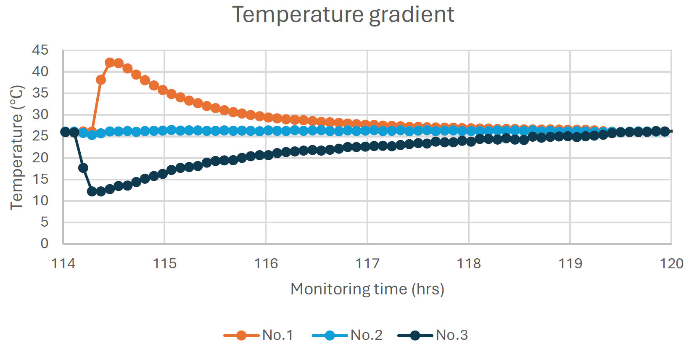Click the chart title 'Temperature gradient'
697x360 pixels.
point(343,15)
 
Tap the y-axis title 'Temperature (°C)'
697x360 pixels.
point(17,147)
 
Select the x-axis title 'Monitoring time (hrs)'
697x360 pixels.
point(367,289)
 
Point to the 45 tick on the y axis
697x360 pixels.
point(40,50)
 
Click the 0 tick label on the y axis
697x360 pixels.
point(45,243)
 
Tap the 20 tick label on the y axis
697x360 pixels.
point(40,158)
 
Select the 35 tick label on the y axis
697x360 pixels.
point(40,93)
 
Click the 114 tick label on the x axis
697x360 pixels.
point(63,264)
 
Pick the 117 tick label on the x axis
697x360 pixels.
point(367,264)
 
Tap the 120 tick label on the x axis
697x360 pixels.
point(671,264)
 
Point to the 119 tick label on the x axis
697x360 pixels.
point(570,264)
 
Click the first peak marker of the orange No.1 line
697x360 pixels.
point(110,63)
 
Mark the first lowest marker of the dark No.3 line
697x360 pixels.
point(92,191)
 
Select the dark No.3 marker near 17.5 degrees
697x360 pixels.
point(83,168)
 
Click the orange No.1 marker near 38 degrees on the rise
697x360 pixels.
point(101,79)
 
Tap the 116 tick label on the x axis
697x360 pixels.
point(266,264)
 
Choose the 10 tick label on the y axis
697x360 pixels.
point(40,201)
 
